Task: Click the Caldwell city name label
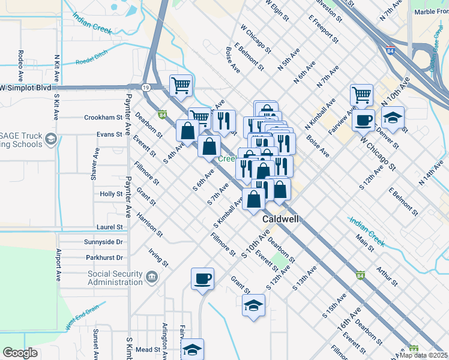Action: click(281, 220)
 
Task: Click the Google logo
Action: click(20, 353)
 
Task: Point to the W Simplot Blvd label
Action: click(25, 87)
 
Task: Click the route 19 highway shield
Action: click(146, 87)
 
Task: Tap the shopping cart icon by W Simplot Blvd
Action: click(181, 85)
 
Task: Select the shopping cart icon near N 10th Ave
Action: click(361, 94)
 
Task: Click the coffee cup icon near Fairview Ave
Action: click(364, 119)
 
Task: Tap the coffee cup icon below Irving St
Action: click(202, 278)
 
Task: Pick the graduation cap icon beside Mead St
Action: click(193, 349)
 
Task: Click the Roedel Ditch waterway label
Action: click(95, 61)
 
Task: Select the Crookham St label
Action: click(103, 118)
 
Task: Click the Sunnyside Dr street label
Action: click(103, 242)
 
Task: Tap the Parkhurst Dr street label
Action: click(104, 257)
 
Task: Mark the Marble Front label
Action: click(429, 11)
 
